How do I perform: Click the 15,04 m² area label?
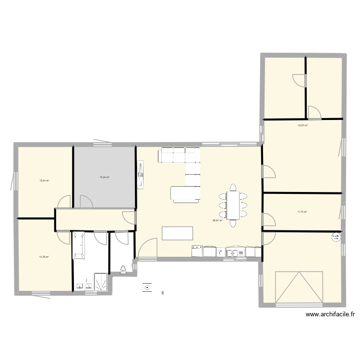coord(45,180)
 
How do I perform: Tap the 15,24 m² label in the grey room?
coord(104,177)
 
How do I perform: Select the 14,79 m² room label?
coord(44,257)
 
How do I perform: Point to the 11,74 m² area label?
coord(302,212)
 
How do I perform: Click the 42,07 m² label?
coord(302,125)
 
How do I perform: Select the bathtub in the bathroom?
coord(79,245)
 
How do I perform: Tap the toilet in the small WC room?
coord(123,269)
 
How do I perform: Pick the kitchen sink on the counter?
coord(220,252)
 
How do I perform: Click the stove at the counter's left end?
coord(197,251)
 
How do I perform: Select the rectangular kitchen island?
coord(178,233)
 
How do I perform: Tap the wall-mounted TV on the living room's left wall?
coord(140,175)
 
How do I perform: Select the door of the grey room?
coord(86,202)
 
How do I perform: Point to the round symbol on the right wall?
coord(336,237)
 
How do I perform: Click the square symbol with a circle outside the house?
coord(146,288)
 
